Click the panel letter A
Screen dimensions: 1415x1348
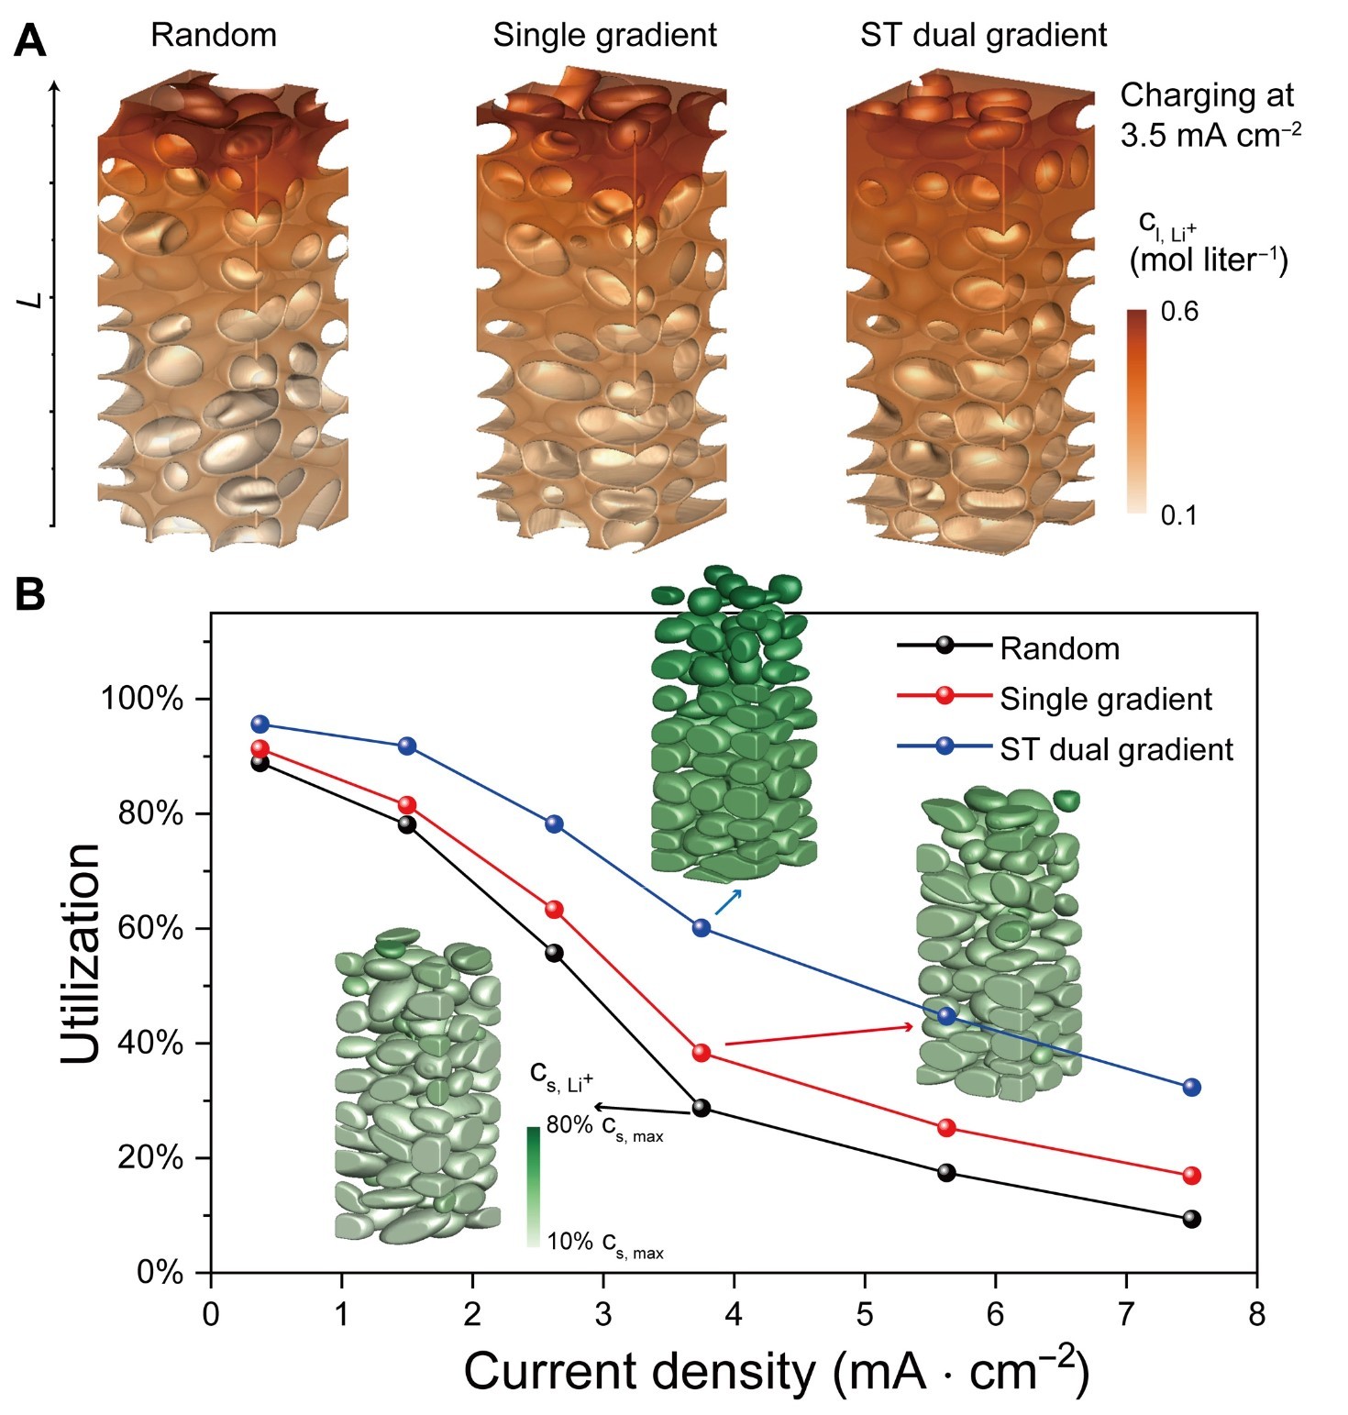pos(31,41)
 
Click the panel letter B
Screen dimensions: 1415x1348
pos(31,595)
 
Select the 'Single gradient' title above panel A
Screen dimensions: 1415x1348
pos(604,35)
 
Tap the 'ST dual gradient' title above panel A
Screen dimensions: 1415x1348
pos(983,35)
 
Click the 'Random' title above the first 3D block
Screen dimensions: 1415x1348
pos(214,35)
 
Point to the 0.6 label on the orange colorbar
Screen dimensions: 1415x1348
pos(1179,312)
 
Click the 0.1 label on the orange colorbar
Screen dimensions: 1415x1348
pos(1179,515)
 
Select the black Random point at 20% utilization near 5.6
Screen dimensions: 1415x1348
pos(946,1173)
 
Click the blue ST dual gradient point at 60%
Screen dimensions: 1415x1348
pos(702,927)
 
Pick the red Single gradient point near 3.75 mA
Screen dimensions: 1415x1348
pos(702,1053)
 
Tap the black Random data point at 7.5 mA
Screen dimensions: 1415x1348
pos(1192,1219)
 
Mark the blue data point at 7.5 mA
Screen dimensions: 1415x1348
pos(1192,1088)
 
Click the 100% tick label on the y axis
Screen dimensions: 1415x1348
pos(142,700)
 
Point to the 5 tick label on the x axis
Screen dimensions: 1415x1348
pos(865,1314)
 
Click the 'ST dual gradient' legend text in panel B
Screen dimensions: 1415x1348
pos(1116,749)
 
